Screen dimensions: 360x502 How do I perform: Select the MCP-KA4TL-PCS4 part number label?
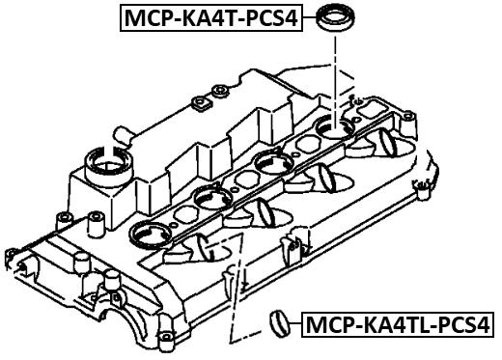(397, 325)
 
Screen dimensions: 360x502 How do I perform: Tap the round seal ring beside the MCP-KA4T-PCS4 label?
(336, 19)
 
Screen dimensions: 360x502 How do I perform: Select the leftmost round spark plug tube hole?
(149, 233)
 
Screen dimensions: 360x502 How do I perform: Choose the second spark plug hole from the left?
(210, 198)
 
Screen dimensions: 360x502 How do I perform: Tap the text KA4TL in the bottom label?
(395, 325)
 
